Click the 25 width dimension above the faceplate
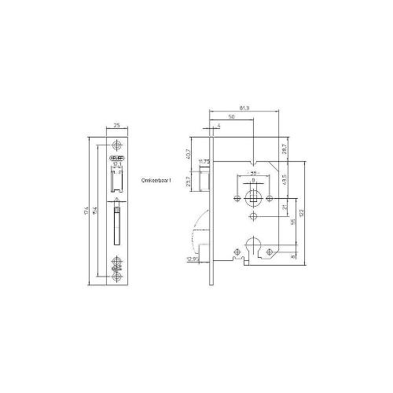click(x=117, y=126)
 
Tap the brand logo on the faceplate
click(x=116, y=156)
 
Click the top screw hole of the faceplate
click(x=117, y=145)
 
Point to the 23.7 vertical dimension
click(x=189, y=182)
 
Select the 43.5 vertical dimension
click(x=284, y=180)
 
